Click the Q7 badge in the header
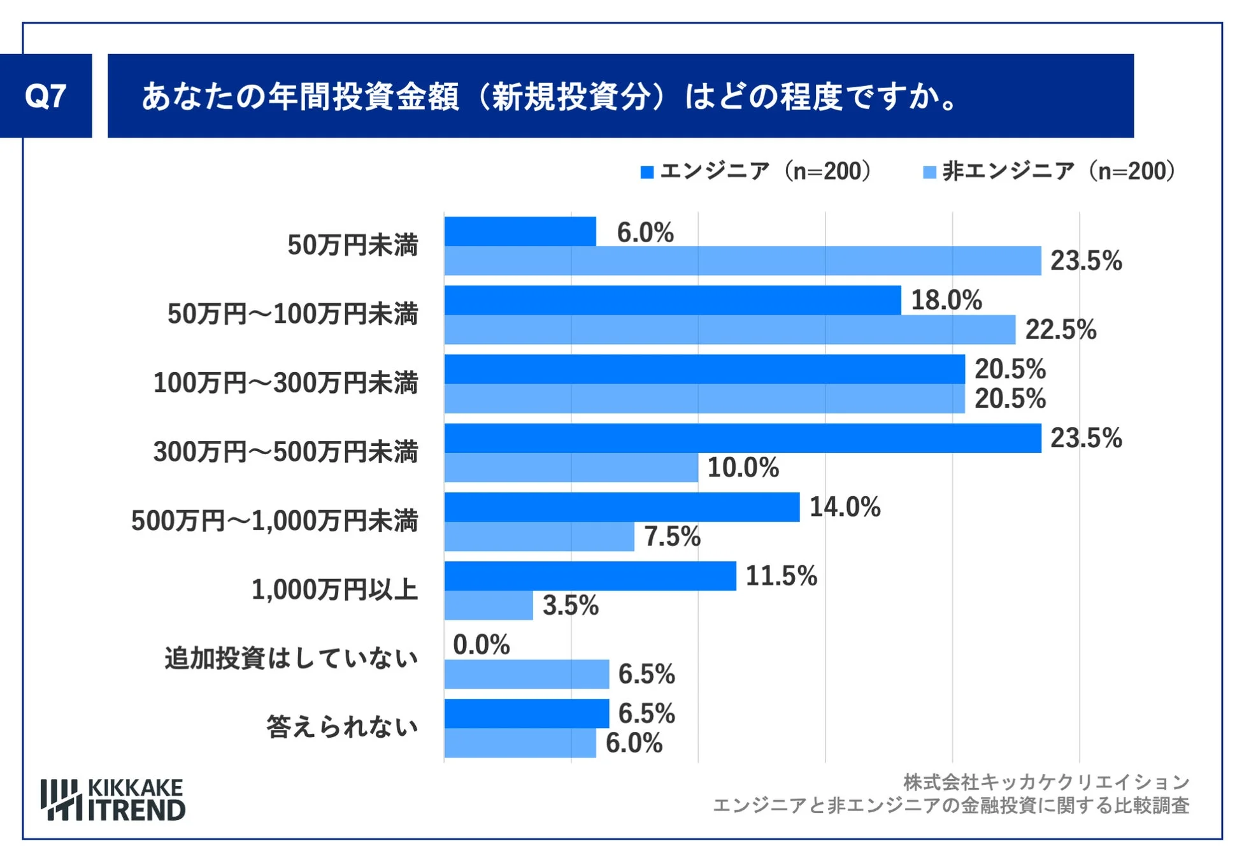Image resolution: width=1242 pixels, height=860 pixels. (45, 96)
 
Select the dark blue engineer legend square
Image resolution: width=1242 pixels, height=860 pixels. (646, 172)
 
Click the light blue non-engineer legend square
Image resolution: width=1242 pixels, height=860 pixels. (929, 172)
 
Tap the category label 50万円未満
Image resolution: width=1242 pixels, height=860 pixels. (352, 245)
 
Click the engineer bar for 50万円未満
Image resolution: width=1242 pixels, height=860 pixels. (520, 231)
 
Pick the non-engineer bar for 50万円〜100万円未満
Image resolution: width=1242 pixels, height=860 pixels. (729, 329)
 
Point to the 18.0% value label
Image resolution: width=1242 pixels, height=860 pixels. (946, 300)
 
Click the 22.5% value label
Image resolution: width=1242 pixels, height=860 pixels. (1060, 330)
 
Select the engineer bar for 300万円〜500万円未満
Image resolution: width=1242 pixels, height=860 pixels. (742, 438)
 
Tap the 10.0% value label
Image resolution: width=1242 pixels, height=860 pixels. (743, 468)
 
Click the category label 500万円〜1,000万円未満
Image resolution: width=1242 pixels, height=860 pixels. (275, 520)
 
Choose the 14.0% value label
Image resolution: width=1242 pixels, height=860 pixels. (845, 507)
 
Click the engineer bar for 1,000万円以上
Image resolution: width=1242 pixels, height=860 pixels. (590, 576)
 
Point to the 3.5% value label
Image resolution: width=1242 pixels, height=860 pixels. (570, 605)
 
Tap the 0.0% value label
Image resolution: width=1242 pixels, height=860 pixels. (481, 645)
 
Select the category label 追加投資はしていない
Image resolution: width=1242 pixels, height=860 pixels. (291, 658)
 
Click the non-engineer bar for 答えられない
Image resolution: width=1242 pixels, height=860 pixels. (520, 743)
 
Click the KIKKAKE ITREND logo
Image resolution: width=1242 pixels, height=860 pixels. (113, 799)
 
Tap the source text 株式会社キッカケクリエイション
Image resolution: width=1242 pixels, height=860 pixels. (1046, 782)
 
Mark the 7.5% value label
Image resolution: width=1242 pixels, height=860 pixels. (672, 536)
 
